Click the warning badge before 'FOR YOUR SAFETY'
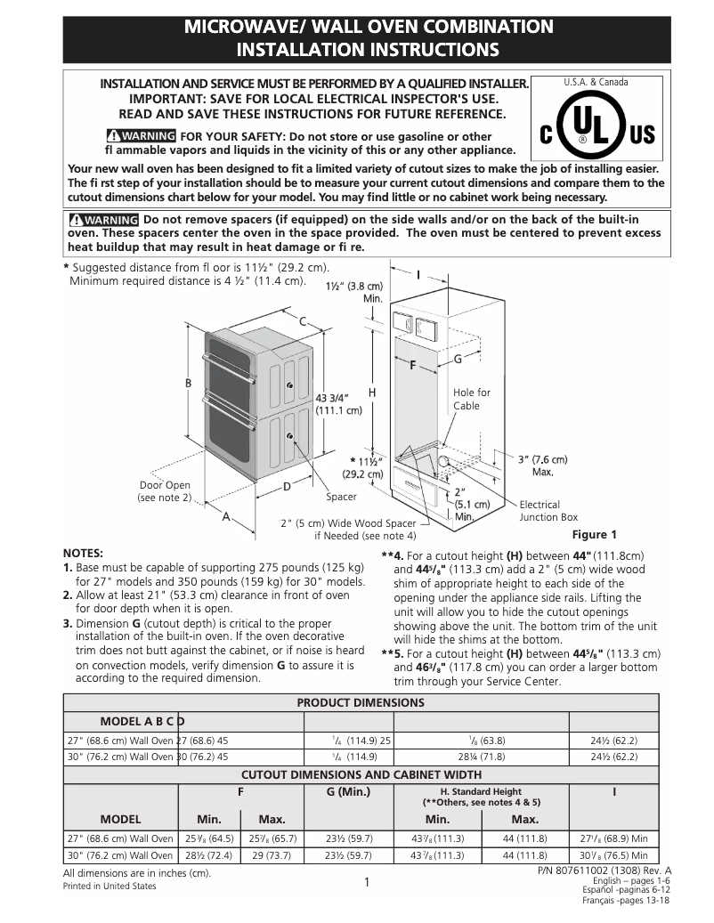tap(140, 136)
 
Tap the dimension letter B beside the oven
tap(188, 383)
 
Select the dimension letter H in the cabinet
tap(372, 392)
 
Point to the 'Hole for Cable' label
tap(471, 399)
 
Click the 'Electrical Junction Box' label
tap(548, 511)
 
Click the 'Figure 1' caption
tap(594, 535)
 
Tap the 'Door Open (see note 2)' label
tap(165, 491)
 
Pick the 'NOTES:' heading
tap(84, 553)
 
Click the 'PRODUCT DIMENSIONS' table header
tap(360, 702)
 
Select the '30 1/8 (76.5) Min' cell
tap(613, 855)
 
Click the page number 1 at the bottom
tap(366, 883)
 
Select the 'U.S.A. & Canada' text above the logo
tap(596, 82)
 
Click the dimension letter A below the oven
tap(225, 515)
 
